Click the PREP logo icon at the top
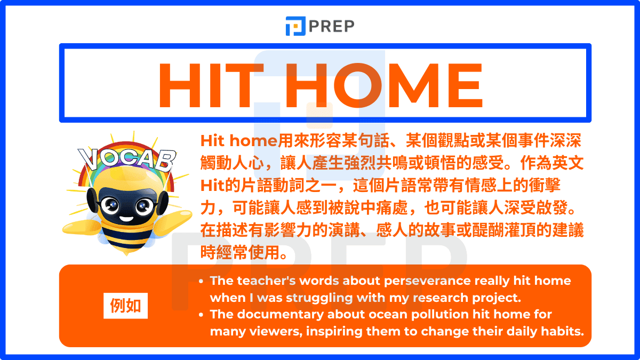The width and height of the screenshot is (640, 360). click(295, 26)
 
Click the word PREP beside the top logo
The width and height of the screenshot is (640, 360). click(331, 26)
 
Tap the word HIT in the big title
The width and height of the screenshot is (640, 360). click(211, 85)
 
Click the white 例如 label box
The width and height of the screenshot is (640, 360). click(125, 306)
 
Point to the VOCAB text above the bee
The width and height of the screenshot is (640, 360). click(127, 160)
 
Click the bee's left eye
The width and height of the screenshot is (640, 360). click(110, 205)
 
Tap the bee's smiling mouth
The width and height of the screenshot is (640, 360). click(126, 219)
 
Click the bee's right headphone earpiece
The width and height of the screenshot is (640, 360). click(162, 203)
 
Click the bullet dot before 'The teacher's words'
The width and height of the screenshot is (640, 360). click(201, 282)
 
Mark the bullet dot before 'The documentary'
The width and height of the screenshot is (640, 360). click(201, 315)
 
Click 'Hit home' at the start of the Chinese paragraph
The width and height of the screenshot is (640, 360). click(239, 141)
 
